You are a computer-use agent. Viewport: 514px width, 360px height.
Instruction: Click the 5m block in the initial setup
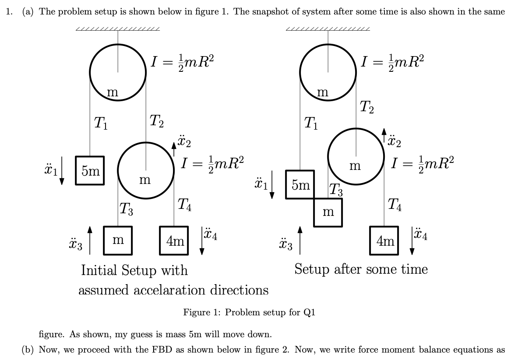tap(90, 170)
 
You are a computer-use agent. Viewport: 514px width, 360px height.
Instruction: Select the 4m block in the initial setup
tap(174, 240)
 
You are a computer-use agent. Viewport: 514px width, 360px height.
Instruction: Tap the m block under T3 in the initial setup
tap(118, 240)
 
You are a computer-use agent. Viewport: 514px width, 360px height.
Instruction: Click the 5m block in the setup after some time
tap(300, 184)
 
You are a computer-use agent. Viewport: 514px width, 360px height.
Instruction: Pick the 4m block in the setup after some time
tap(384, 240)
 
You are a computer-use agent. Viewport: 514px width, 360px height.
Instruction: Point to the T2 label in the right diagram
tap(367, 106)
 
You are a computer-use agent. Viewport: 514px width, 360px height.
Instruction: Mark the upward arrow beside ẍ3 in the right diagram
tap(300, 240)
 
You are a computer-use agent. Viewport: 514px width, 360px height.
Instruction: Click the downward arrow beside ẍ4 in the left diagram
tap(202, 240)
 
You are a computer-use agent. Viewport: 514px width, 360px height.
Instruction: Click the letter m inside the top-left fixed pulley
tap(113, 92)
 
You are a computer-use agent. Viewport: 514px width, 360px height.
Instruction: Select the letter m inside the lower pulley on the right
tap(355, 166)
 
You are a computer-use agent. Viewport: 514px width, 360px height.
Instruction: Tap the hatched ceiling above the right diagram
tap(327, 29)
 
